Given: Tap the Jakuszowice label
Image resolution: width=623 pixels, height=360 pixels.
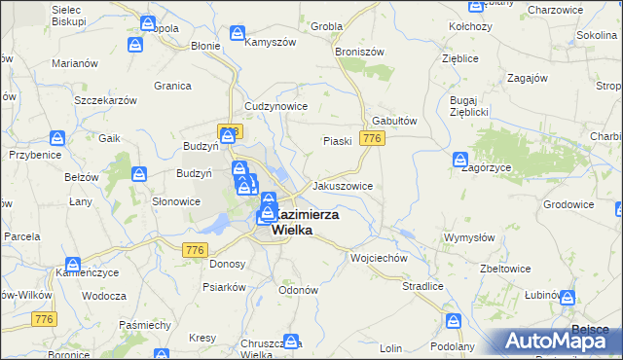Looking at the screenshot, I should click(x=342, y=185).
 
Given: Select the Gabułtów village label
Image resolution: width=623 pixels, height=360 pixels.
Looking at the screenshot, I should click(x=395, y=122).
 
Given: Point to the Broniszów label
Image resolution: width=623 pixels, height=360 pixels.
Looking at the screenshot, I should click(x=360, y=51).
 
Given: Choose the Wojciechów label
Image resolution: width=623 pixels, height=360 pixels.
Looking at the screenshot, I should click(x=378, y=259).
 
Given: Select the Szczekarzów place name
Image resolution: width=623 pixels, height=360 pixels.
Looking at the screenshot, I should click(x=104, y=99).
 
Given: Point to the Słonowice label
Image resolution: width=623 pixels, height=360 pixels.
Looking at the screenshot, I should click(x=176, y=201).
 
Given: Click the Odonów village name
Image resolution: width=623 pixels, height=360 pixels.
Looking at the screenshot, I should click(x=299, y=290).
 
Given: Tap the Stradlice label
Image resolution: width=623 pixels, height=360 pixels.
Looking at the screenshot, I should click(x=423, y=287).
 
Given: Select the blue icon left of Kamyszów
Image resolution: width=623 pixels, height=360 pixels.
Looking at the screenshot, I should click(x=238, y=34).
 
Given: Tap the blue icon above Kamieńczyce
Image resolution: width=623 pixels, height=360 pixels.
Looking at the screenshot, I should click(x=73, y=264).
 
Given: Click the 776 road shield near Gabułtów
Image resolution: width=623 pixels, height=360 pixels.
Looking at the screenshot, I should click(x=371, y=139).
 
